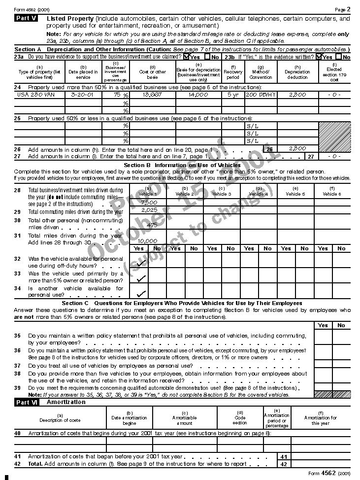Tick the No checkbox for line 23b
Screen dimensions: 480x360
(x=338, y=57)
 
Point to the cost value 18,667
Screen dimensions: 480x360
(x=153, y=94)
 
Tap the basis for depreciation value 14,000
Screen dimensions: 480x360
(x=198, y=94)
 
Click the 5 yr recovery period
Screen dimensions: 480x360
(x=233, y=94)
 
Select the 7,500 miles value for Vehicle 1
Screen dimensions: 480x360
(x=148, y=203)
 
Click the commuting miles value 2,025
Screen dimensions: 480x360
(x=149, y=210)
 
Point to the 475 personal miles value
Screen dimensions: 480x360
(x=152, y=225)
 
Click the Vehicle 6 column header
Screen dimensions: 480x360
(x=331, y=191)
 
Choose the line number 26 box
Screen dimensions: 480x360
(x=269, y=149)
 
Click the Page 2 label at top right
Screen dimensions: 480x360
(x=342, y=9)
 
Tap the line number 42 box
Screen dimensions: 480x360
(x=284, y=464)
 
